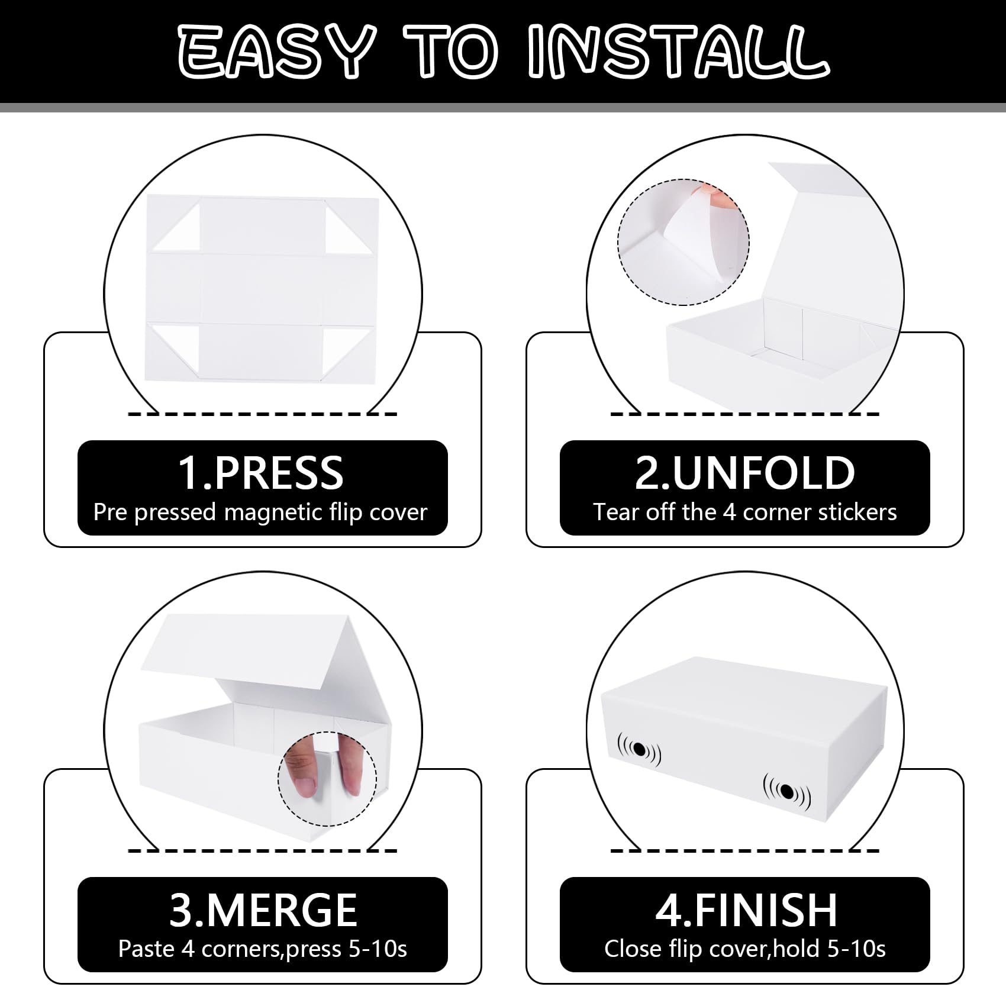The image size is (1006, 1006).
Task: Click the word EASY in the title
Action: (x=276, y=51)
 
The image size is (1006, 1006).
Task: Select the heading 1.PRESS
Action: (x=260, y=473)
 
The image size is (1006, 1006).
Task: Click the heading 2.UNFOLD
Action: (x=744, y=473)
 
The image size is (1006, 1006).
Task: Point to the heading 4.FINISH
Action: (x=746, y=910)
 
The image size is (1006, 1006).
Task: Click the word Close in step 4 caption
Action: (x=633, y=949)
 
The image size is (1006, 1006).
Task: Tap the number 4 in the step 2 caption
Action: (x=730, y=512)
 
